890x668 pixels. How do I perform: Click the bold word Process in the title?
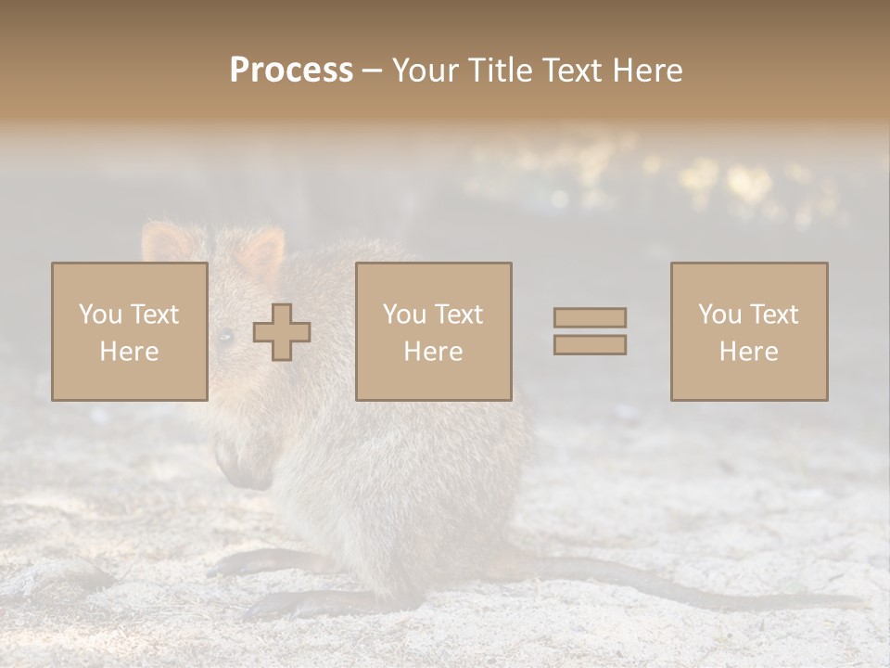(x=291, y=71)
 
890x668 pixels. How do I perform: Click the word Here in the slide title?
(x=650, y=71)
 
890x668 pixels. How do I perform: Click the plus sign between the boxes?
(x=282, y=332)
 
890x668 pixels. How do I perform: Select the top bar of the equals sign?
(x=590, y=317)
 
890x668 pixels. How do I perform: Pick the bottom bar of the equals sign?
(x=590, y=345)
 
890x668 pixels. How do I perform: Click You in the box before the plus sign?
(x=101, y=315)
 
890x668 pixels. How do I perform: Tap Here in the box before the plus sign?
(x=129, y=352)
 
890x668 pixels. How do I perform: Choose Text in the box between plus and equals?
(x=459, y=315)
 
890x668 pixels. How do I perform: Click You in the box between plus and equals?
(x=405, y=315)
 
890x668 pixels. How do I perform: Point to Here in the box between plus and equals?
(x=433, y=352)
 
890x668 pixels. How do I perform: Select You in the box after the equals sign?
(x=720, y=315)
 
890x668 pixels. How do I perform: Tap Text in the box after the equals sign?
(x=774, y=315)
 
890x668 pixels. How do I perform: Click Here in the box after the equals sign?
(x=748, y=352)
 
